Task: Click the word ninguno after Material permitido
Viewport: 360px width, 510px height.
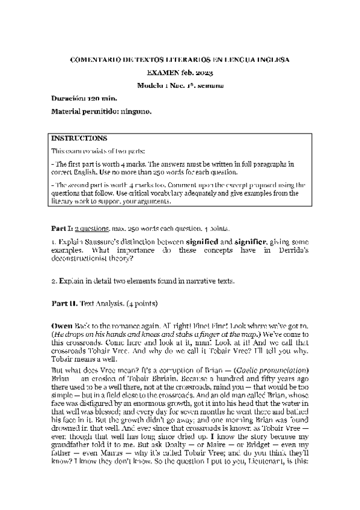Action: [x=135, y=111]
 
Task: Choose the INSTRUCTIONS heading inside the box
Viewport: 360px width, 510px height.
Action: [x=80, y=138]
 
